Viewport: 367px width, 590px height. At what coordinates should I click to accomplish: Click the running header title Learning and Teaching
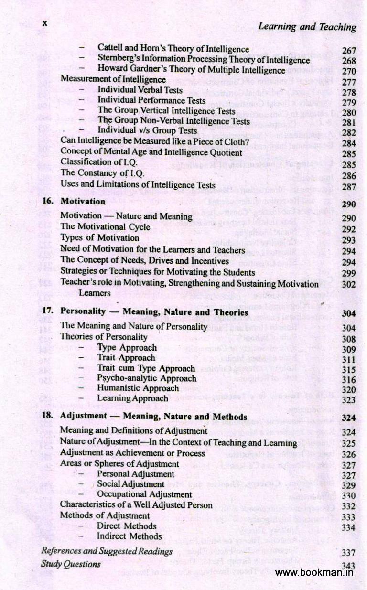pos(307,27)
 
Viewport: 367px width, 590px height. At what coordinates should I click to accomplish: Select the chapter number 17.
pos(47,311)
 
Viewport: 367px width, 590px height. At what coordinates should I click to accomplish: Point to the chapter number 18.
pos(47,416)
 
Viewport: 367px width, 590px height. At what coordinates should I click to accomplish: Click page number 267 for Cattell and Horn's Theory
pos(349,52)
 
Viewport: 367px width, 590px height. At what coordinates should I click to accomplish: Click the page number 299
pos(349,273)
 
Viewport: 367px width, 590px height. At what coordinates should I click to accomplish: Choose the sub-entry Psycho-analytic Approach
pos(140,378)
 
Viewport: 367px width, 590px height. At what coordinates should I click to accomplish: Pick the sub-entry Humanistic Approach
pos(138,388)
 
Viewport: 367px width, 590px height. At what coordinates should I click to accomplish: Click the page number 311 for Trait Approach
pos(349,359)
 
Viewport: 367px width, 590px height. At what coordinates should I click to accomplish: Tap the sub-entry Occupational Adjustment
pos(144,494)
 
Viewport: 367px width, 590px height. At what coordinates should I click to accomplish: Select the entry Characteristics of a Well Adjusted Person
pos(136,504)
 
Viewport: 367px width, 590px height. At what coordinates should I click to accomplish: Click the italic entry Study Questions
pos(71,564)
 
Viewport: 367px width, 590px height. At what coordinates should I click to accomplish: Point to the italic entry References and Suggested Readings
pos(107,551)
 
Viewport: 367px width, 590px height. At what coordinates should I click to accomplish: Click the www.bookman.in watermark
pos(314,573)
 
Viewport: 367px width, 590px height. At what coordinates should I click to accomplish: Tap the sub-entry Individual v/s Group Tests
pos(147,130)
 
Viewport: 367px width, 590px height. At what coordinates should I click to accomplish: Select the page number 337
pos(349,553)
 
